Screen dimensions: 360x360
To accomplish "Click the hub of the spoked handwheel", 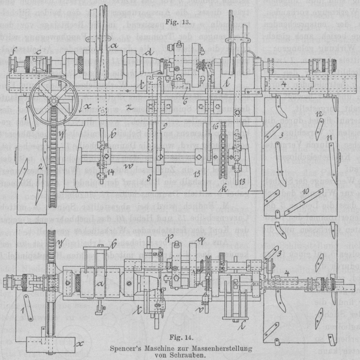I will tap(50, 102).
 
